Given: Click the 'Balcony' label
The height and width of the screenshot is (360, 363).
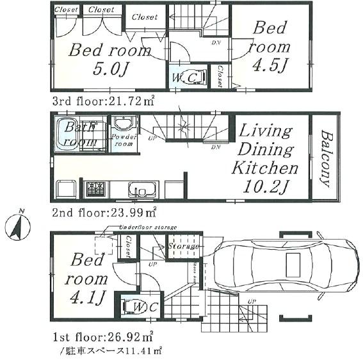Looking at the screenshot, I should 325,158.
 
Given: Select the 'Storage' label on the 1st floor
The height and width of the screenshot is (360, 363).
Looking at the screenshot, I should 184,246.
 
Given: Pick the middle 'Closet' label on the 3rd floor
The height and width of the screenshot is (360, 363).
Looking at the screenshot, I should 101,10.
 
